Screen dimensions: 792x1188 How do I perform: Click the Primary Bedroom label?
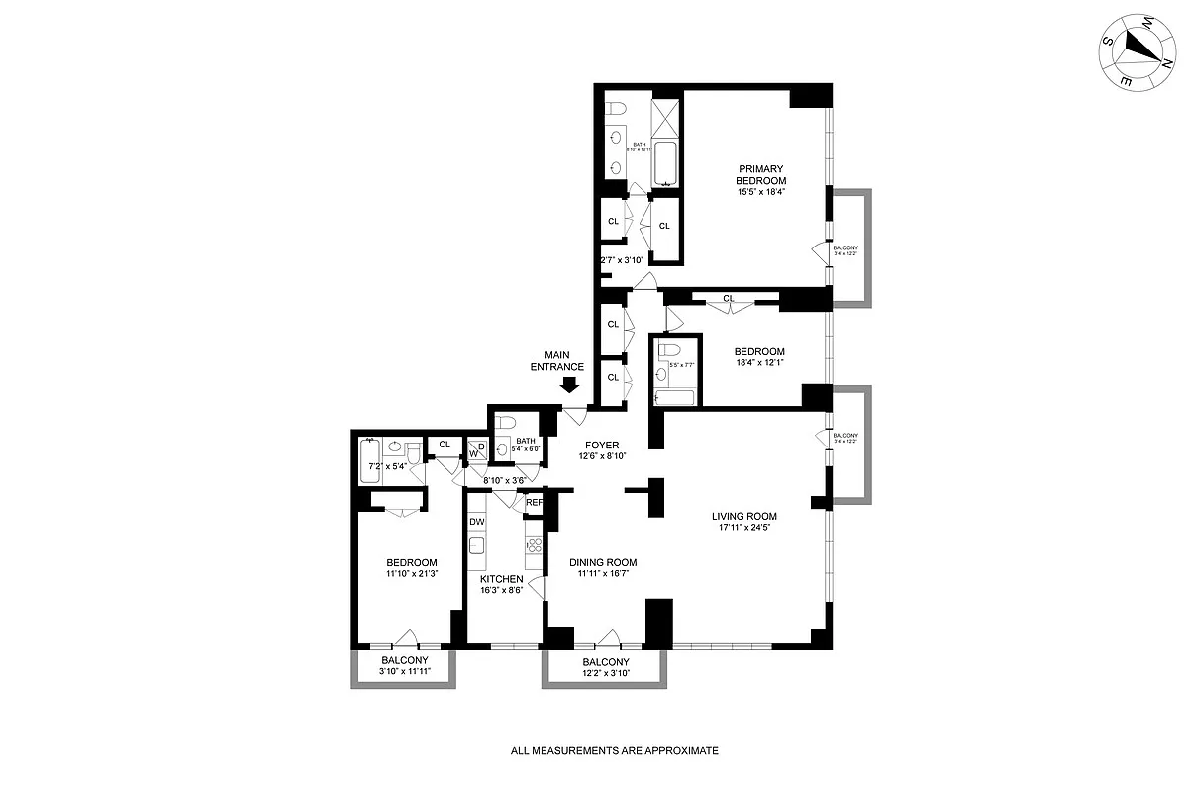pyautogui.click(x=760, y=174)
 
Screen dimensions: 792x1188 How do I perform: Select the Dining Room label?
pyautogui.click(x=604, y=562)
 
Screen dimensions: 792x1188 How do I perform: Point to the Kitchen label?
pyautogui.click(x=501, y=579)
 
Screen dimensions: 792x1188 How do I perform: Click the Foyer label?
pyautogui.click(x=604, y=445)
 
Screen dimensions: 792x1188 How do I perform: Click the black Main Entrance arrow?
pyautogui.click(x=570, y=386)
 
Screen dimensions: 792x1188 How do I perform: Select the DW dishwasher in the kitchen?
pyautogui.click(x=477, y=522)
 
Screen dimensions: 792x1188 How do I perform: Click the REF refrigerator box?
pyautogui.click(x=535, y=502)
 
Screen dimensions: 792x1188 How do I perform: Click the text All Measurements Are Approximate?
pyautogui.click(x=614, y=751)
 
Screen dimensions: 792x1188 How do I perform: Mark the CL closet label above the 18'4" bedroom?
pyautogui.click(x=729, y=298)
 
